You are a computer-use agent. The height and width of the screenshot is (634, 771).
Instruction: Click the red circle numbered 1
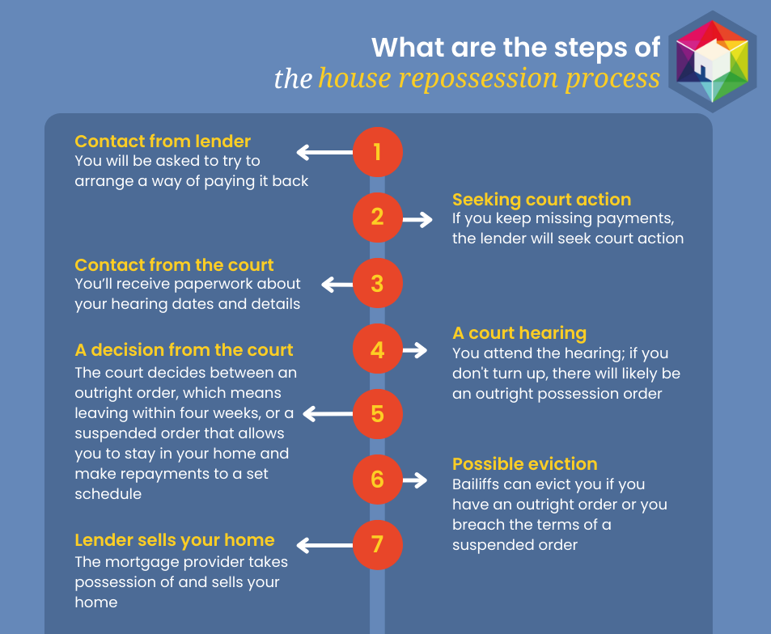pos(377,151)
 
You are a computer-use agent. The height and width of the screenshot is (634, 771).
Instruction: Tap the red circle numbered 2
pos(377,217)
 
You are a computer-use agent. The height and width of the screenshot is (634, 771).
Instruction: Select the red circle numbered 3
pos(377,284)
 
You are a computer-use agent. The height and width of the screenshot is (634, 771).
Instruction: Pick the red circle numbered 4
pos(377,349)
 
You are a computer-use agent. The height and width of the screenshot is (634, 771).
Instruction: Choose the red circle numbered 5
pos(377,414)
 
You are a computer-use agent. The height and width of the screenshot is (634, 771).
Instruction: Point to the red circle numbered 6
pos(377,479)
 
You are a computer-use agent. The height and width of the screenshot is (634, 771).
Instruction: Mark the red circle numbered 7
pos(377,543)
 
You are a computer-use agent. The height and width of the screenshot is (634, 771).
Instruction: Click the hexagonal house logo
pos(713,61)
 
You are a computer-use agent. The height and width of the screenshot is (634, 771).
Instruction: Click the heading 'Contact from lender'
pos(163,142)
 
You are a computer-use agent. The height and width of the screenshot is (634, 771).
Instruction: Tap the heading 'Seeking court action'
pos(541,200)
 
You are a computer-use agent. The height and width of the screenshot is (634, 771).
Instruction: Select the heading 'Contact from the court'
pos(174,265)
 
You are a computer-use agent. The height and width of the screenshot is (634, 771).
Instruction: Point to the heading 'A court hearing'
pos(519,333)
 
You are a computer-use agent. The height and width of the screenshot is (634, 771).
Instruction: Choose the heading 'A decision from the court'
pos(184,350)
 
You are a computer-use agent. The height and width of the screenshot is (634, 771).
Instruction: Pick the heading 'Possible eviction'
pos(524,464)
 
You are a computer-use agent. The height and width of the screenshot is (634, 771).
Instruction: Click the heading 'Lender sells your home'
pos(175,540)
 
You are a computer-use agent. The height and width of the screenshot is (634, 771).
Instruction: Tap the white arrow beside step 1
pos(324,151)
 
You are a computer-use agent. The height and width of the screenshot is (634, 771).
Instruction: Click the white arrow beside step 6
pos(415,480)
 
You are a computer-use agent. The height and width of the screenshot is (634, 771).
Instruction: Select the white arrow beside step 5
pos(328,414)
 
